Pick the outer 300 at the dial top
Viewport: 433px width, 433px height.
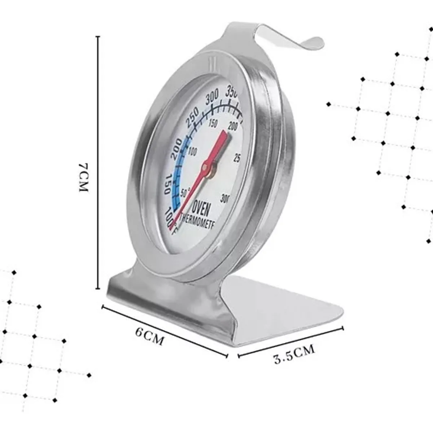pyautogui.click(x=212, y=97)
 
